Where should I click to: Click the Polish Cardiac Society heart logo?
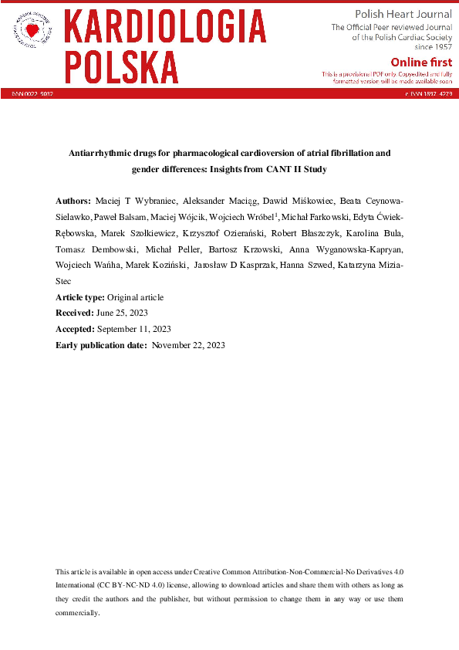(32, 30)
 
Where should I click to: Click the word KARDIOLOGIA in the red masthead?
(165, 27)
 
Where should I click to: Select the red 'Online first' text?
(421, 62)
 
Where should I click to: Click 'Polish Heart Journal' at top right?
(403, 15)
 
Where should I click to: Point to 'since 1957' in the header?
(433, 47)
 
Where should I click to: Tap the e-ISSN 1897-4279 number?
(428, 93)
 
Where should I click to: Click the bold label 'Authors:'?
(73, 199)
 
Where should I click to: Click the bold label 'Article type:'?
(79, 297)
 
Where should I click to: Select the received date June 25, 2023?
(122, 313)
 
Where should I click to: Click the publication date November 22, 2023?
(188, 345)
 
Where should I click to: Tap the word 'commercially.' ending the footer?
(77, 612)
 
